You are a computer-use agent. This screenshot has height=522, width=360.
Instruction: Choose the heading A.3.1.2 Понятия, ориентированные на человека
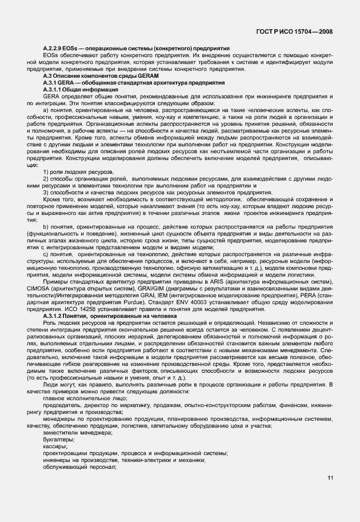point(110,316)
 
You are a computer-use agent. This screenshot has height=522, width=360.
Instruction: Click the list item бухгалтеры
point(59,440)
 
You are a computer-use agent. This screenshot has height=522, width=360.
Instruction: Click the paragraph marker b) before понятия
point(46,227)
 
